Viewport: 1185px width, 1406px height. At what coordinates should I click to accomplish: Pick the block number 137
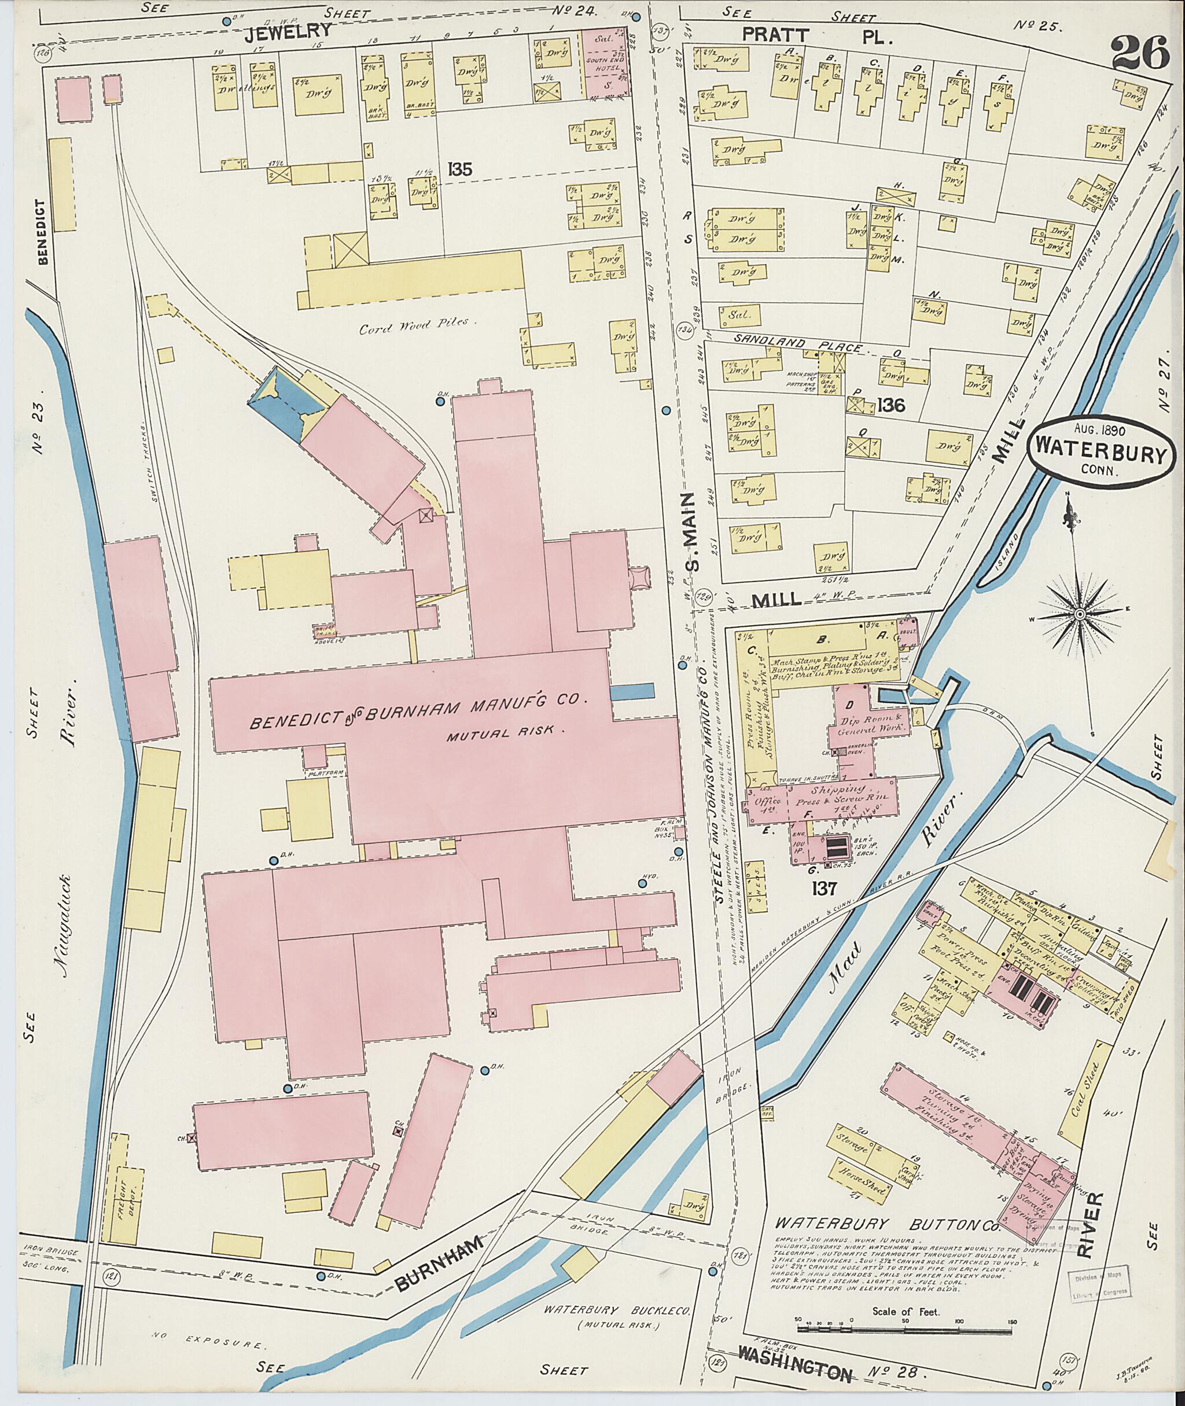(x=823, y=889)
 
